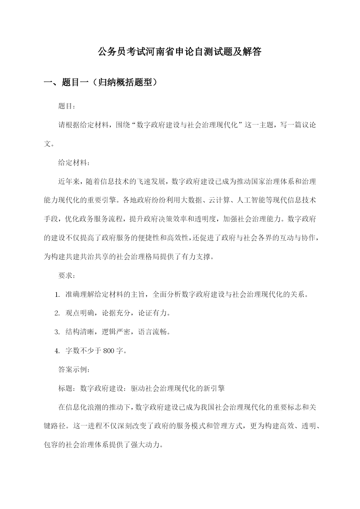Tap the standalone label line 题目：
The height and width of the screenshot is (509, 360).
point(67,106)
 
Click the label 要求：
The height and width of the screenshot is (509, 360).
point(67,276)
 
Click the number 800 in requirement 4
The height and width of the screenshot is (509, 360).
point(109,351)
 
